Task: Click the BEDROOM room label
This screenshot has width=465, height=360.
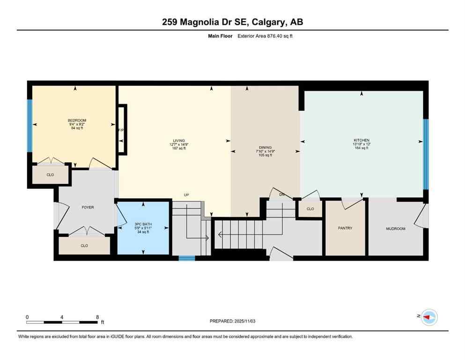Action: [77, 120]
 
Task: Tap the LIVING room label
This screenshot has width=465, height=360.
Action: [178, 141]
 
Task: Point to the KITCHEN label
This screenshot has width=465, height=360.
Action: [361, 140]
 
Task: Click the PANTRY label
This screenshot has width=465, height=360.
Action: [345, 228]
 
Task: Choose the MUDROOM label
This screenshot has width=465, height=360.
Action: [395, 229]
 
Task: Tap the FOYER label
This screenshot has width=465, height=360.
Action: [88, 207]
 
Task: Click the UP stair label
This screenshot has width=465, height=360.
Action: [186, 195]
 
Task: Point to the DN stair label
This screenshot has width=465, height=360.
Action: [282, 194]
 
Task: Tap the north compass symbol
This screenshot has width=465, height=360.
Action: [428, 317]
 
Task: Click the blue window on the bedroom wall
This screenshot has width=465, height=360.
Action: [30, 126]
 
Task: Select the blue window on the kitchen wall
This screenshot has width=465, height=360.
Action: [426, 154]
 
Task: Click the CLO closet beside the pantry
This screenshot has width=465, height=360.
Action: [310, 209]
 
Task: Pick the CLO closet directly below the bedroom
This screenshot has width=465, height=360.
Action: [50, 175]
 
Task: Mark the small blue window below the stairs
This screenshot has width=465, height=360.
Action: [187, 258]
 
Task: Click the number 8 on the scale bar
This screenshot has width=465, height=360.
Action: [96, 317]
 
